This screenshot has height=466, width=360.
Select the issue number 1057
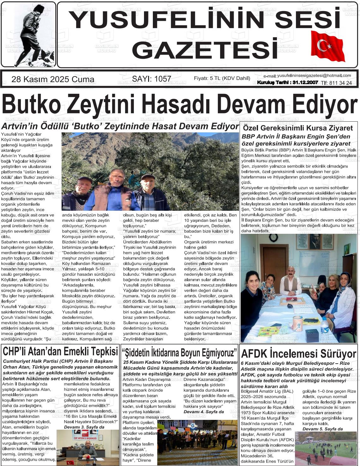pyautogui.click(x=152, y=79)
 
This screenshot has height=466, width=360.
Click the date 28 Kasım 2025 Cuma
pyautogui.click(x=53, y=79)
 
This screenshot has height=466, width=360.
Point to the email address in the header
pyautogui.click(x=314, y=76)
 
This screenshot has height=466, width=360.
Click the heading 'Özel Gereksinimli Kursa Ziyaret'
pyautogui.click(x=298, y=128)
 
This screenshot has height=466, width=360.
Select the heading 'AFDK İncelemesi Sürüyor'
pyautogui.click(x=298, y=354)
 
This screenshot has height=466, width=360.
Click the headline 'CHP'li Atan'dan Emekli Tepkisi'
pyautogui.click(x=60, y=351)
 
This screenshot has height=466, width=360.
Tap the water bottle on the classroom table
pyautogui.click(x=325, y=325)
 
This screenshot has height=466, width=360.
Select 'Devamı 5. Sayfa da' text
pyautogui.click(x=322, y=429)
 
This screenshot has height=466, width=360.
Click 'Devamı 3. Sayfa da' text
pyautogui.click(x=84, y=427)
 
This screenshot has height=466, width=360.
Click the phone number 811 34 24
pyautogui.click(x=340, y=83)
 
